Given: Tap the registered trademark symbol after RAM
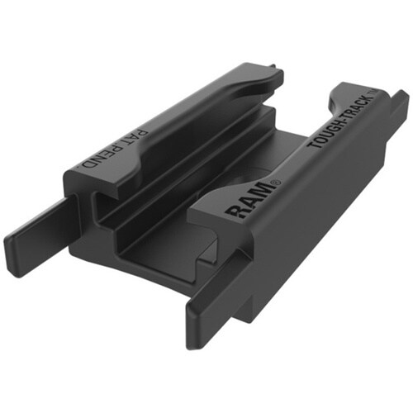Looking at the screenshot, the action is point(276,183).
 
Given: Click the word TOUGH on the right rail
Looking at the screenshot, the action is point(324,131).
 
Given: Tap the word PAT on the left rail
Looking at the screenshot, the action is point(140,137).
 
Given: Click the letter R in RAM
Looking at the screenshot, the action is point(235,211).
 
